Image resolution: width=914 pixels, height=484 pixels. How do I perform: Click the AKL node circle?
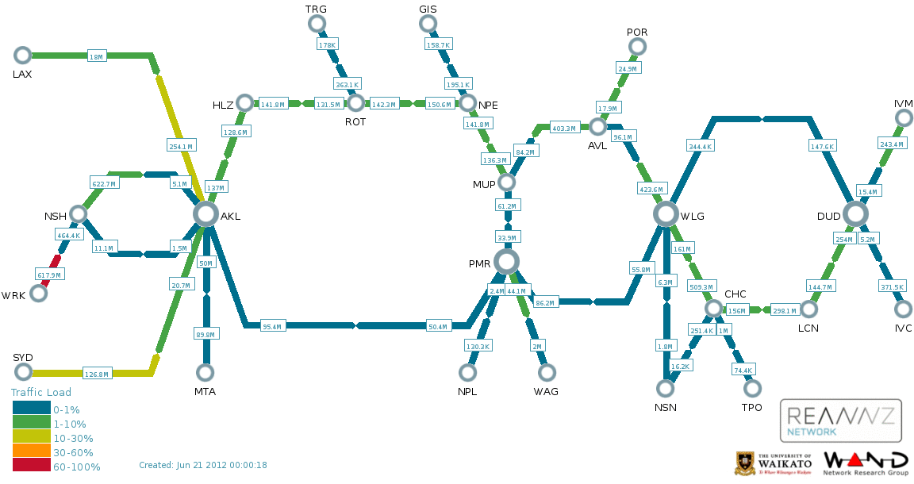205,214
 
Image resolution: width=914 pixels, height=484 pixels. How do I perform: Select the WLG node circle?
666,214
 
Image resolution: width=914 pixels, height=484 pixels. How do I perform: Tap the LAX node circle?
22,56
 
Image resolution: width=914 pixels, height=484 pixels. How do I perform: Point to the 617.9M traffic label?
49,275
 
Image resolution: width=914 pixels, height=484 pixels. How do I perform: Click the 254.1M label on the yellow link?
181,146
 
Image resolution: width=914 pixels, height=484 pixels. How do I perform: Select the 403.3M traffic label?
563,129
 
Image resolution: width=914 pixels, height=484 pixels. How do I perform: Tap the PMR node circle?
506,262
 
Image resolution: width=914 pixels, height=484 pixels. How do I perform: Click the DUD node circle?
855,214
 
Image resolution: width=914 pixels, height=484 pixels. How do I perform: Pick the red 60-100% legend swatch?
32,465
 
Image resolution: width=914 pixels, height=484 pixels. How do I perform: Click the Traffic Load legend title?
40,393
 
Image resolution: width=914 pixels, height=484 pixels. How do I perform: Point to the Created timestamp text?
203,465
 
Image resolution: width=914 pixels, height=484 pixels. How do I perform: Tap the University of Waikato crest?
745,463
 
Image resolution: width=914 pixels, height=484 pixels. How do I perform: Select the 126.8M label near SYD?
96,374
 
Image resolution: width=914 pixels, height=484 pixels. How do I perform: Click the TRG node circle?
317,23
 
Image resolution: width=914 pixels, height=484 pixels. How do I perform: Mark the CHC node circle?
713,309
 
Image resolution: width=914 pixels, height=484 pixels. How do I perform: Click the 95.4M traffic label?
271,327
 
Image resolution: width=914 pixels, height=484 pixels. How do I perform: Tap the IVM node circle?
904,117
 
